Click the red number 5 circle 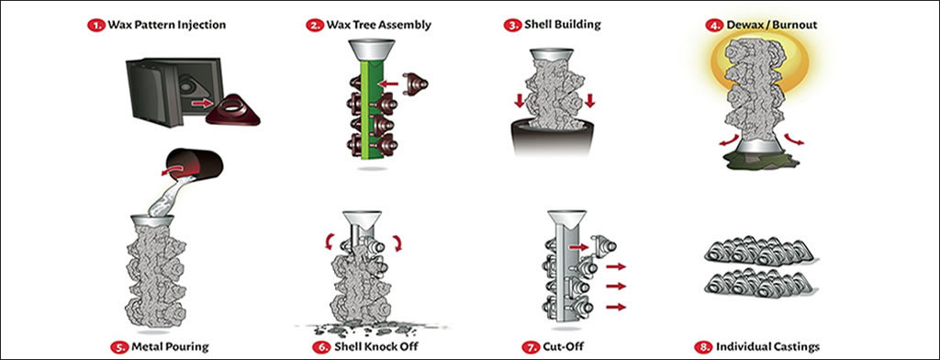click(121, 347)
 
